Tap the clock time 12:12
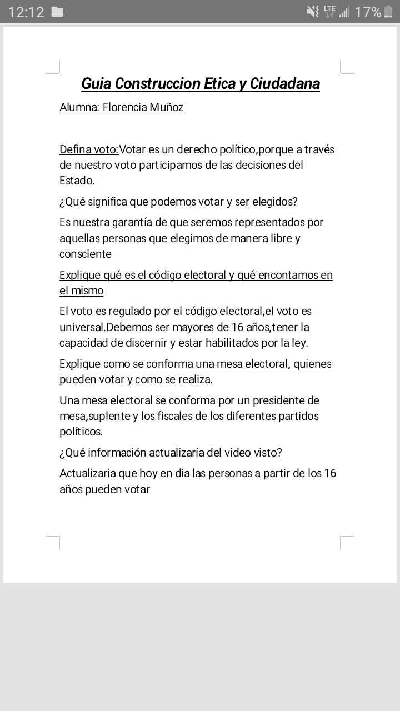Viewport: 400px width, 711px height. coord(26,12)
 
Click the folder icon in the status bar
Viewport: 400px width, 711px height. coord(57,12)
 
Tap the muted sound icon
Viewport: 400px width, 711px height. coord(313,12)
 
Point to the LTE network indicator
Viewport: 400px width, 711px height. coord(329,11)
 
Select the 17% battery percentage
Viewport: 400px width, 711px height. coord(368,12)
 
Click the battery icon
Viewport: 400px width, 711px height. coord(388,12)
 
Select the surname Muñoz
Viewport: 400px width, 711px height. coord(166,107)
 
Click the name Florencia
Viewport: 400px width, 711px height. coord(125,107)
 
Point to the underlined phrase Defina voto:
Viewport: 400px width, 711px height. coord(89,149)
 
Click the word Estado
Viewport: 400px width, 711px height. coord(77,181)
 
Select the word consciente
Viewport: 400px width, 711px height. coord(86,254)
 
